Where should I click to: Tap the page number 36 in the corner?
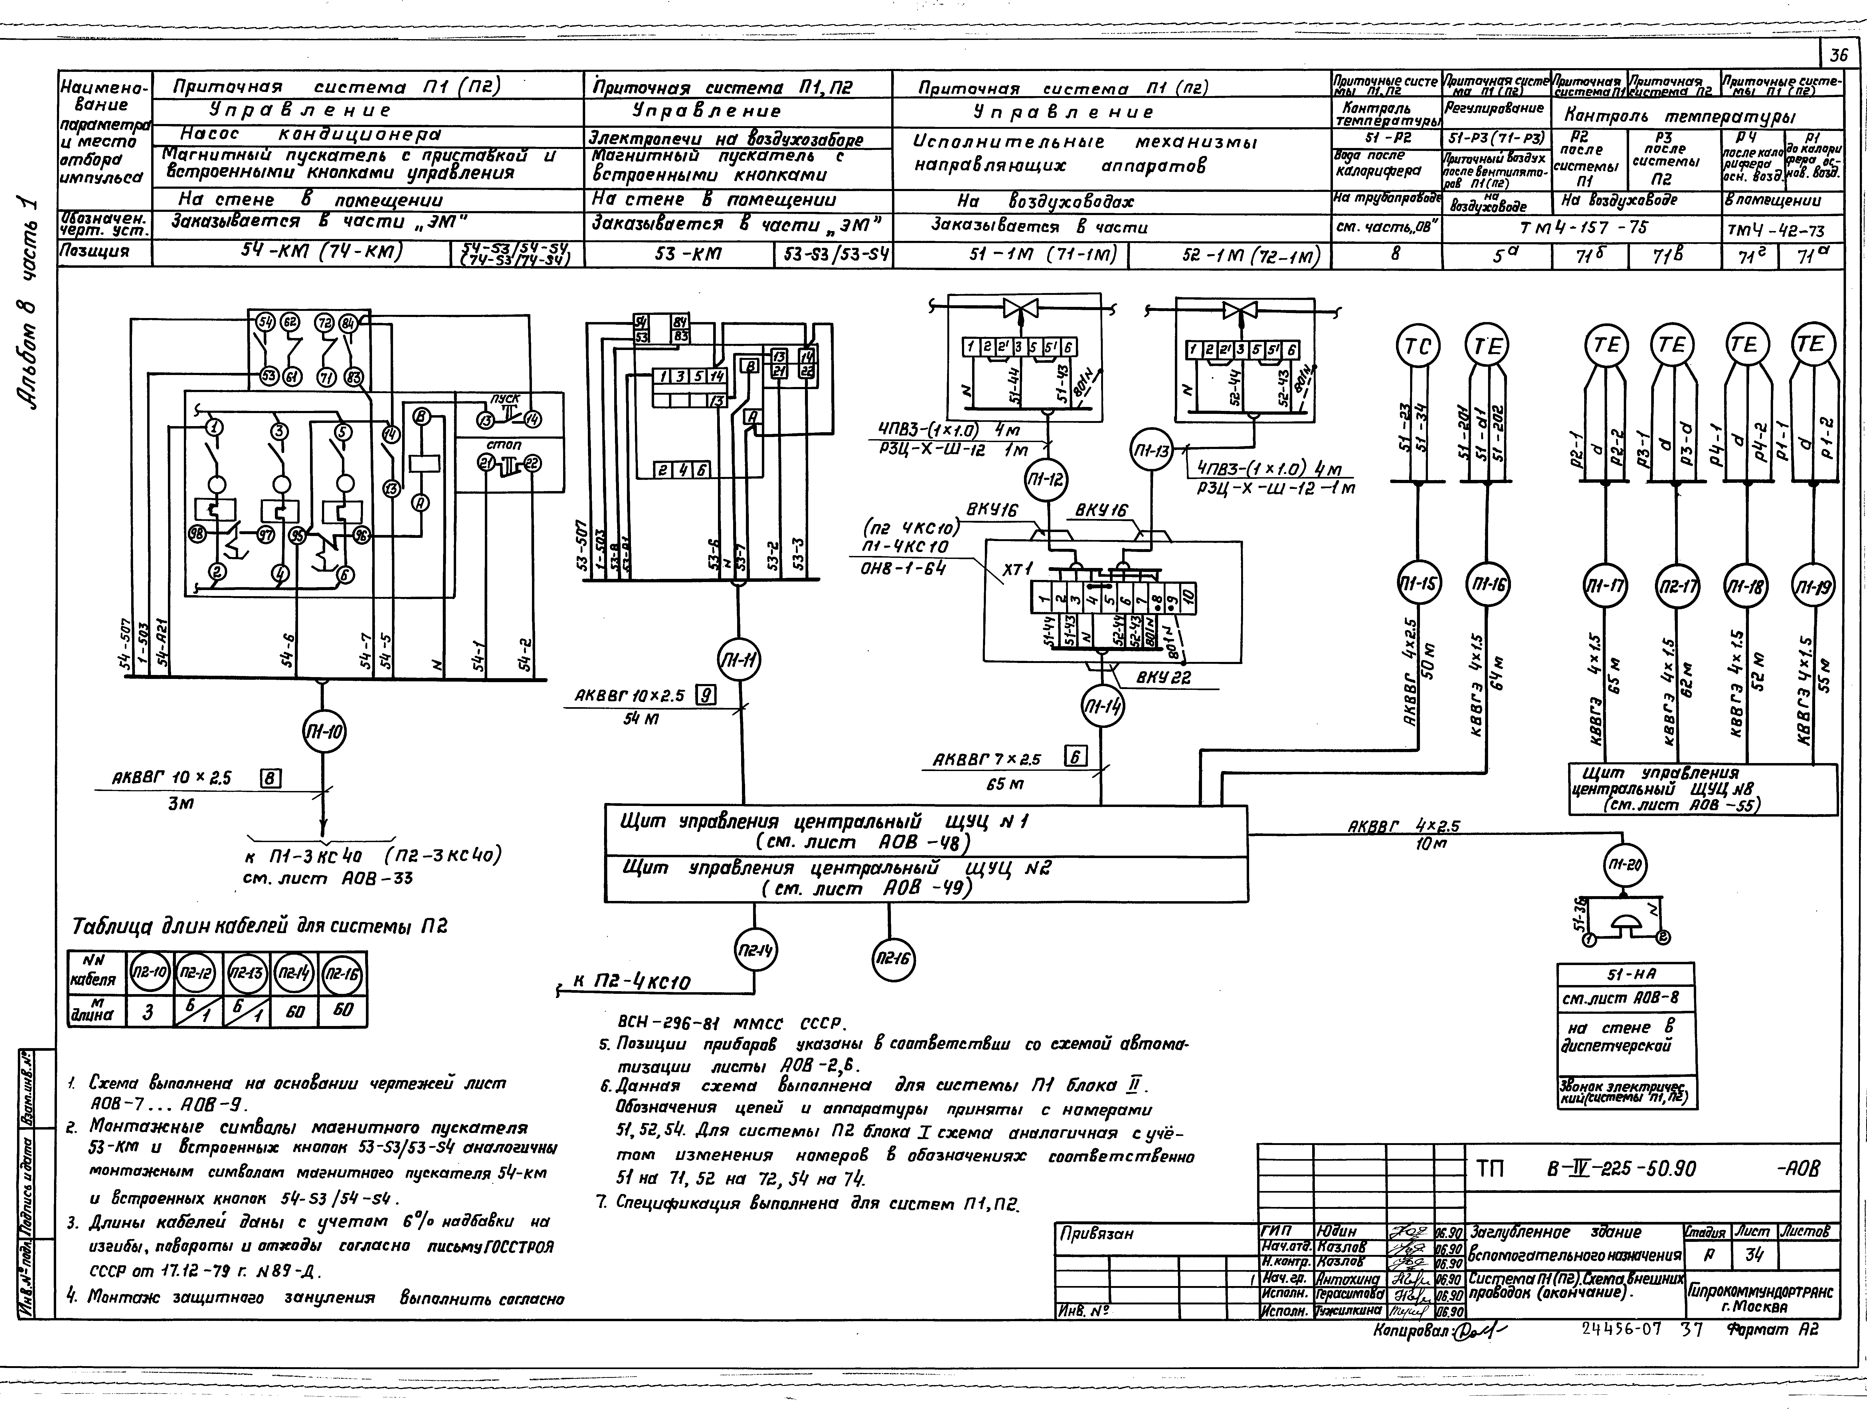(1838, 56)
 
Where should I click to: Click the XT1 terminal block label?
(1015, 571)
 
